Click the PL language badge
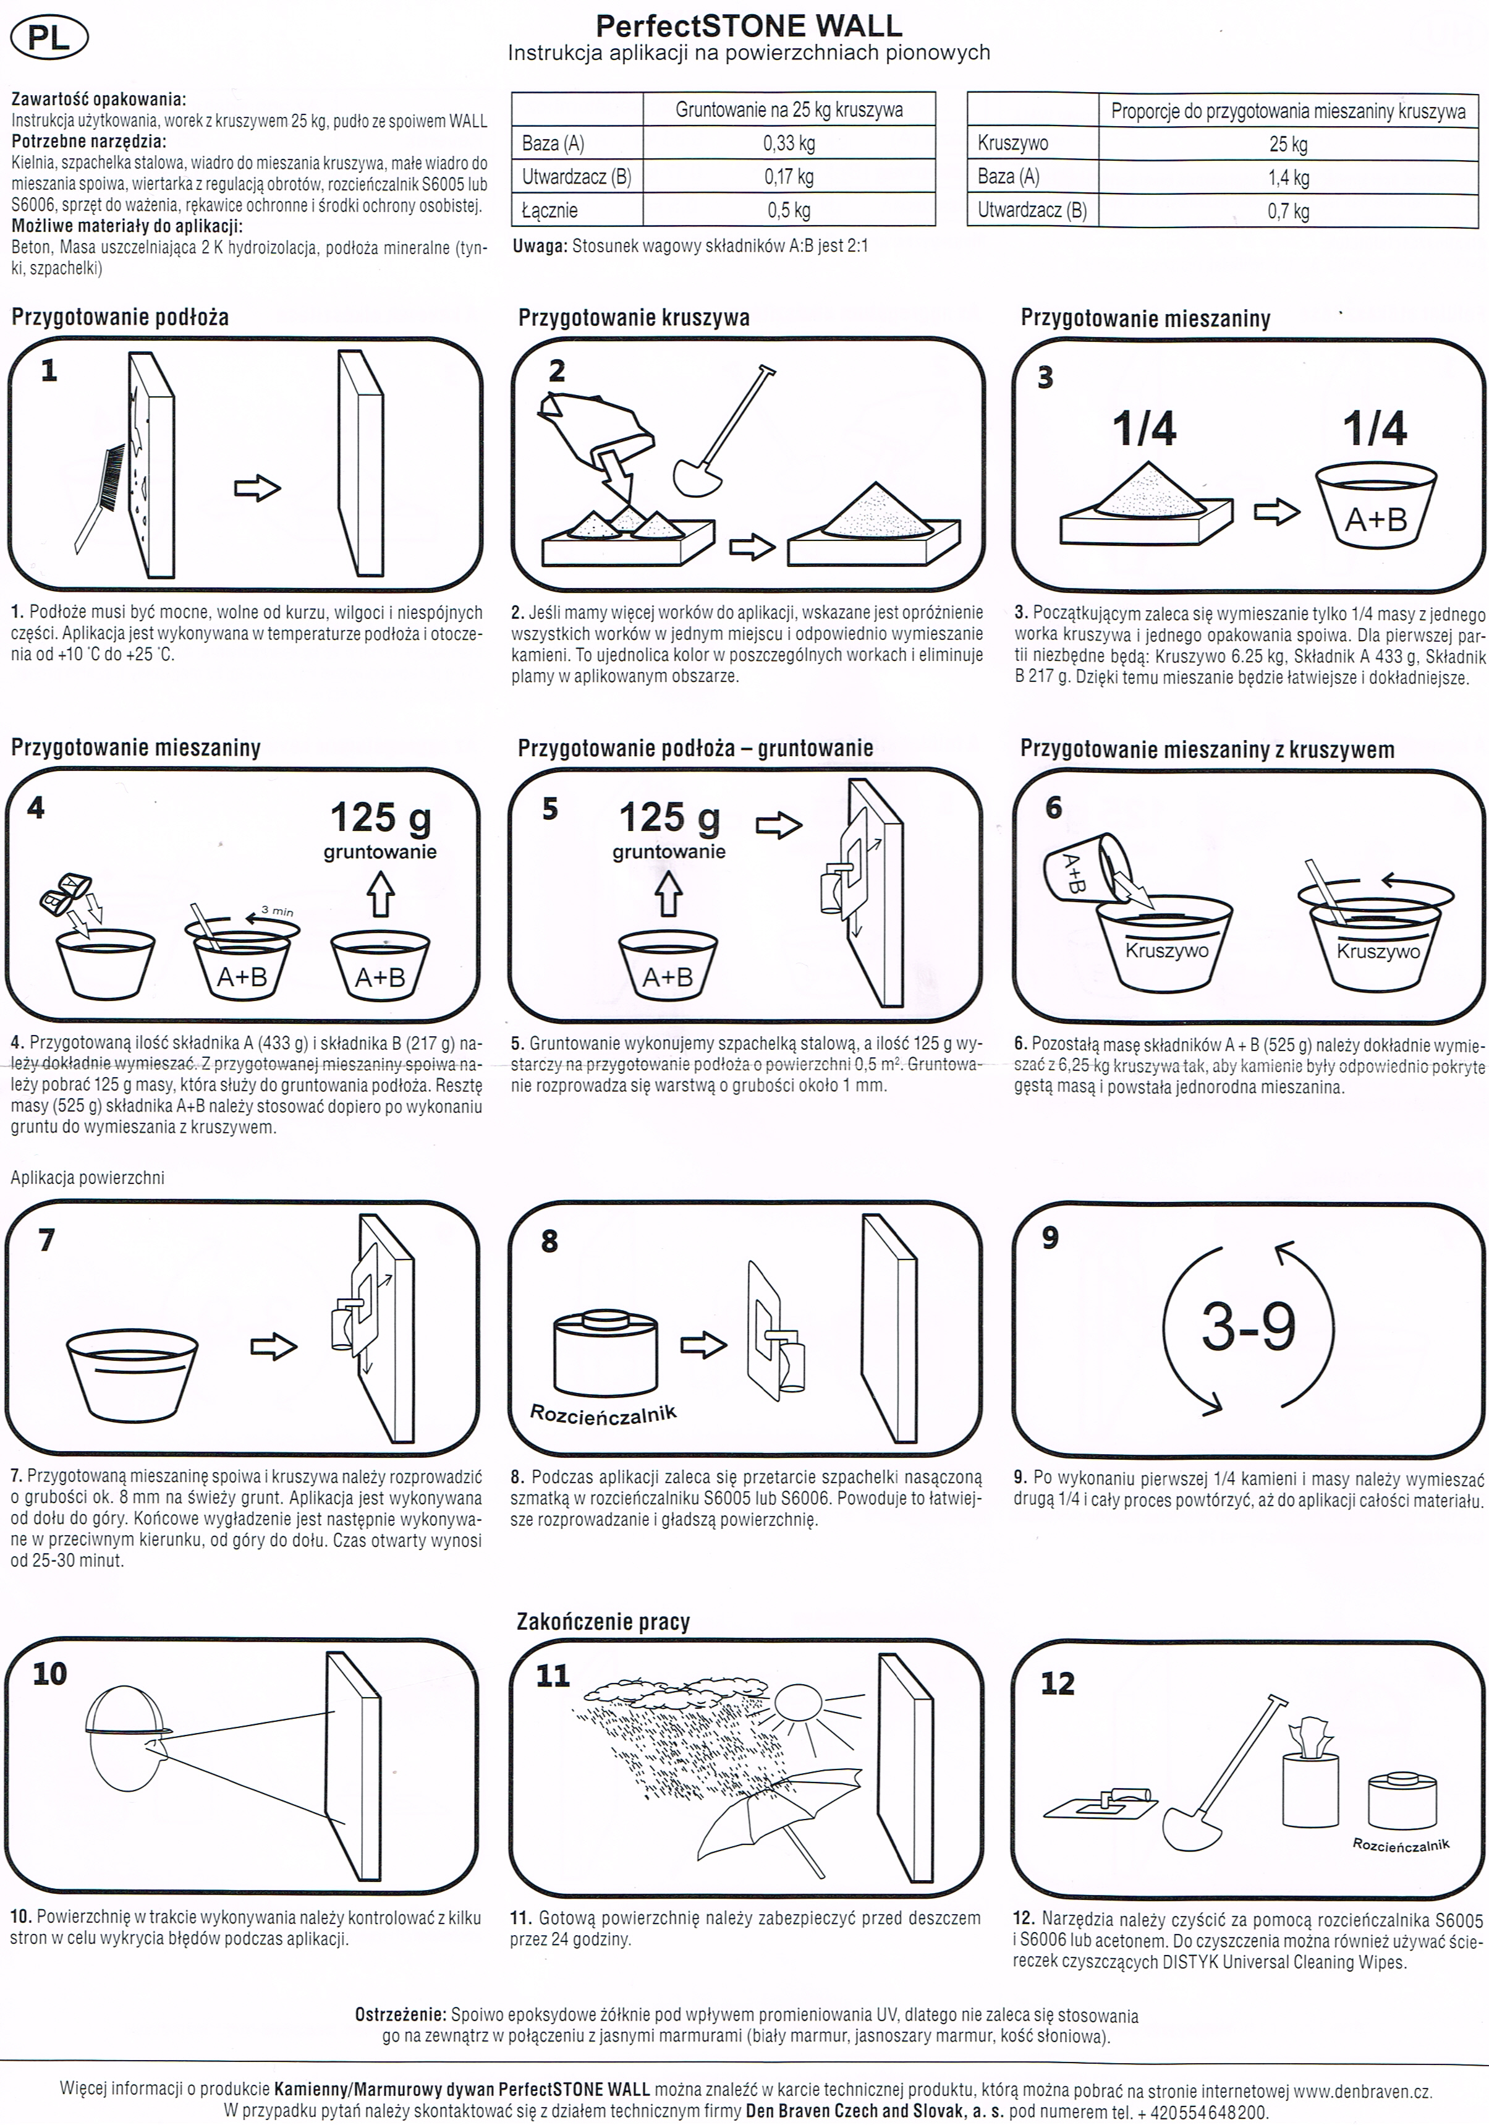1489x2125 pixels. (48, 39)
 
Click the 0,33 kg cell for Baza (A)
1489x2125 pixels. (789, 143)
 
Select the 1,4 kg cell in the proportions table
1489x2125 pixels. (1288, 177)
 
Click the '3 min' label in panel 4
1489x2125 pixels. (277, 911)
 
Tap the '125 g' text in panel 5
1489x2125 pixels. (668, 818)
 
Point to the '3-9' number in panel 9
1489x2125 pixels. (1249, 1327)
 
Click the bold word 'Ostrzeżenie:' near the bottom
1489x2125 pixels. (401, 2015)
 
